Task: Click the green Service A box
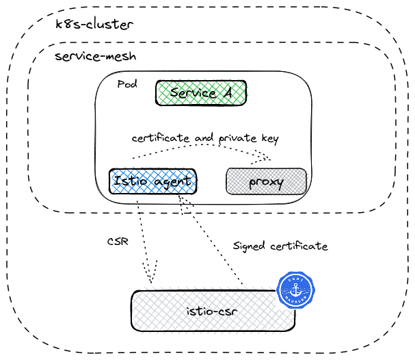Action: pyautogui.click(x=200, y=93)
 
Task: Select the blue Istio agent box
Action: pyautogui.click(x=152, y=181)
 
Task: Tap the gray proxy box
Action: pyautogui.click(x=266, y=182)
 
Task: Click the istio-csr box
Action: pyautogui.click(x=213, y=311)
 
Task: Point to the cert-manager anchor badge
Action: pyautogui.click(x=295, y=290)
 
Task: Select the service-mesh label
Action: pyautogui.click(x=96, y=56)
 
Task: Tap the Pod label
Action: pyautogui.click(x=127, y=84)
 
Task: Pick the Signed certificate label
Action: pyautogui.click(x=280, y=246)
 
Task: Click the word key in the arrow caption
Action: pyautogui.click(x=269, y=139)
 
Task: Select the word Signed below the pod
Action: pyautogui.click(x=250, y=246)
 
